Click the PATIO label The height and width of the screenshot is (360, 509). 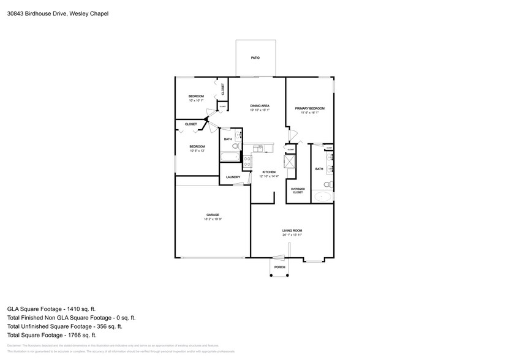(255, 58)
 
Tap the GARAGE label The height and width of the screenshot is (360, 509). (213, 215)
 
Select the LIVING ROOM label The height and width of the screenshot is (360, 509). (292, 231)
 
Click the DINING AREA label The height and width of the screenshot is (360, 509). (260, 106)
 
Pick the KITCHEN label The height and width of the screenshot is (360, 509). (270, 173)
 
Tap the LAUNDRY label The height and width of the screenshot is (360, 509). (233, 178)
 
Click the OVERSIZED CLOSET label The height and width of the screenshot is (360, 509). (297, 190)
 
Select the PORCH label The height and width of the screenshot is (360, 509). (279, 268)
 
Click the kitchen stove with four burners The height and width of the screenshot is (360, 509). (247, 162)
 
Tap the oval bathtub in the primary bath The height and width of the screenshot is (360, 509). (323, 197)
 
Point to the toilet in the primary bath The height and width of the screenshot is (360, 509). (328, 184)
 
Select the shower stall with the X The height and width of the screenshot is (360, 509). (288, 162)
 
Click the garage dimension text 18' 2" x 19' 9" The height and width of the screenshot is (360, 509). (213, 219)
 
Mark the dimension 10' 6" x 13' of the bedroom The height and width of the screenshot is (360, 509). (197, 150)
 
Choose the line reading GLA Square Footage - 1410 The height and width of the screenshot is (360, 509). (51, 309)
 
